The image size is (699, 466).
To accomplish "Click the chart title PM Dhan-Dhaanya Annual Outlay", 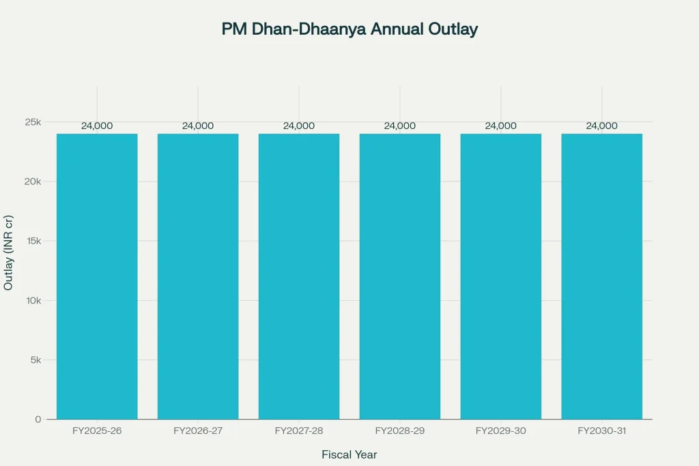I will click(x=349, y=29).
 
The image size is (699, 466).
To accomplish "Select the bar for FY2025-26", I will click(x=97, y=276).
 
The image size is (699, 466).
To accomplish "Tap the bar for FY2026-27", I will click(x=198, y=276).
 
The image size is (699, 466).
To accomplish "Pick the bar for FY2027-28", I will click(x=299, y=276).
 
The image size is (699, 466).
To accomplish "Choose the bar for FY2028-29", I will click(x=400, y=276).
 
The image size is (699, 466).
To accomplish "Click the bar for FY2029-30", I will click(x=501, y=276).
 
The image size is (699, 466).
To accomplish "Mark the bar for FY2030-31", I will click(x=602, y=276).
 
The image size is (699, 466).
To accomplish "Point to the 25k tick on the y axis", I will click(x=33, y=122).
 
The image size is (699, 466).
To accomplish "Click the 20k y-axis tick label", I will click(x=33, y=181).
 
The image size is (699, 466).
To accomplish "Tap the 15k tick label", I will click(x=33, y=241).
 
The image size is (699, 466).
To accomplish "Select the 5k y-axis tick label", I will click(x=35, y=360).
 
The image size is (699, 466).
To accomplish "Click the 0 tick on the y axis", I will click(x=38, y=419).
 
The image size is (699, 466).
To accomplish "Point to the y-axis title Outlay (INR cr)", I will click(x=8, y=252).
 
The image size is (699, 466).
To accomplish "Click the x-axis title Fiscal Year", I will click(x=349, y=454).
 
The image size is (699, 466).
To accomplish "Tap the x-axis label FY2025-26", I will click(x=97, y=431).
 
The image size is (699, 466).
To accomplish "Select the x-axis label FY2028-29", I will click(x=400, y=431).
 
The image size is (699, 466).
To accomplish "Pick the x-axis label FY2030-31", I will click(x=602, y=431).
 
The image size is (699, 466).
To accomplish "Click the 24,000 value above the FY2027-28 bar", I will click(x=299, y=126).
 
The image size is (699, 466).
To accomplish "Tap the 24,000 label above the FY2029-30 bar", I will click(x=501, y=126).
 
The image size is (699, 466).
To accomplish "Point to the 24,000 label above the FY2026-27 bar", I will click(x=198, y=126).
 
